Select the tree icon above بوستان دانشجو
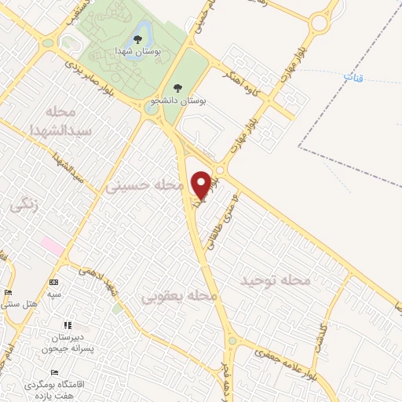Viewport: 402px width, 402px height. (176, 89)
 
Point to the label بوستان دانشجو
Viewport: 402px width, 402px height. (181, 101)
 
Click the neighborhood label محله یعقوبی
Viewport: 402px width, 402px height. (178, 296)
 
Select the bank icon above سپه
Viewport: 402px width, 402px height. (53, 282)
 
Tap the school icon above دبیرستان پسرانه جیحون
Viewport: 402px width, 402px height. (68, 324)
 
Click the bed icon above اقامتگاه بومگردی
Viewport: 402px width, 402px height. (53, 372)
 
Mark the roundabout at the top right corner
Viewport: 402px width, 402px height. (321, 23)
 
